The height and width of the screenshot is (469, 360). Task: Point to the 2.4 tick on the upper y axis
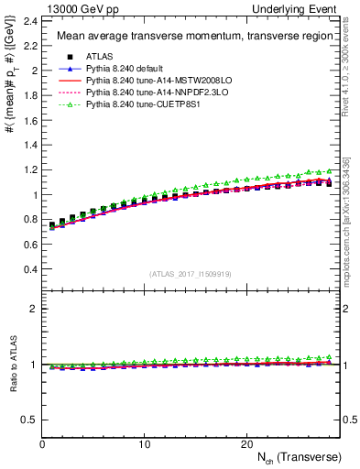30,20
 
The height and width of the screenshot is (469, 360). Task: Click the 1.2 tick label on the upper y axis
30,169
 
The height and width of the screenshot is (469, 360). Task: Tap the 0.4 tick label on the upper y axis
30,269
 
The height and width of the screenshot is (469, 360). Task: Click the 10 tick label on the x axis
145,443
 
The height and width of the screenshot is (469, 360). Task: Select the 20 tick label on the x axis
246,443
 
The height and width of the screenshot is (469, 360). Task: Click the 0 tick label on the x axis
43,443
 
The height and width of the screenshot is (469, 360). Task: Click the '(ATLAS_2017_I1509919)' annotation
191,274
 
